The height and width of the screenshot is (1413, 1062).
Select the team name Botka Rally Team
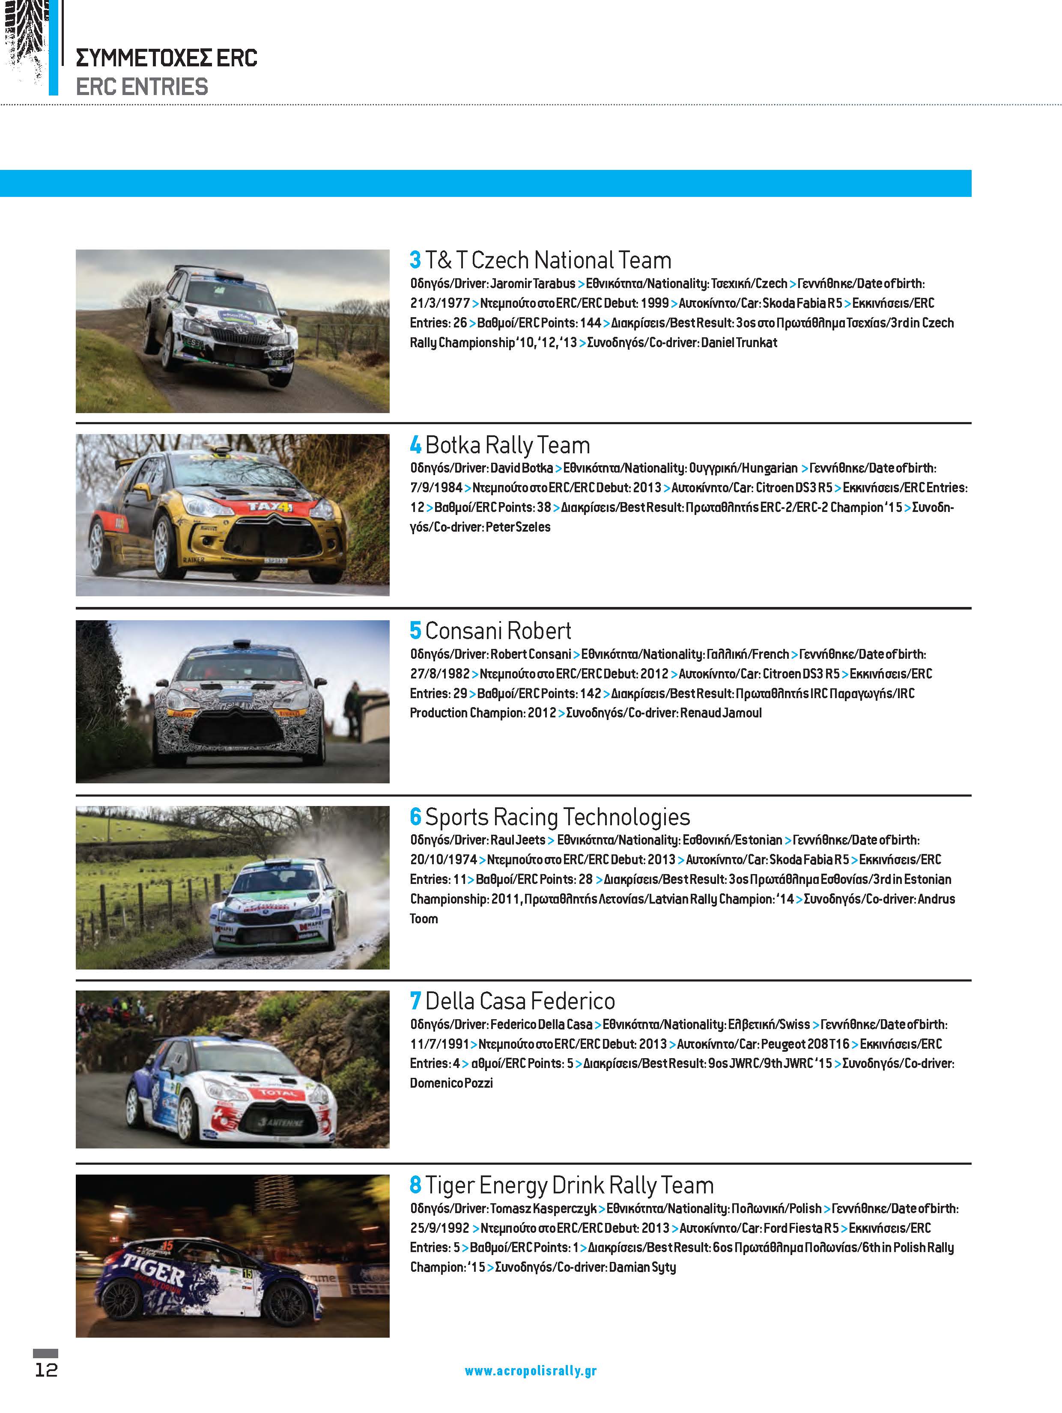(x=507, y=445)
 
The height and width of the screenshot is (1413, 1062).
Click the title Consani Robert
(x=498, y=631)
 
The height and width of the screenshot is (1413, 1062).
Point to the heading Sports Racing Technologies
(x=557, y=817)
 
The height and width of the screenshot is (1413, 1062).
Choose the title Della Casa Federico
(x=519, y=1001)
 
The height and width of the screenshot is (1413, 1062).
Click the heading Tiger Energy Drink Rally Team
(x=569, y=1186)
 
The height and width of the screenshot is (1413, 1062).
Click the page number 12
(x=46, y=1370)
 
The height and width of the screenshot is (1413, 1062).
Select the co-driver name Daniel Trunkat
(x=739, y=343)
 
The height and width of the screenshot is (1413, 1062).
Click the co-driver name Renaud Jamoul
(x=721, y=713)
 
